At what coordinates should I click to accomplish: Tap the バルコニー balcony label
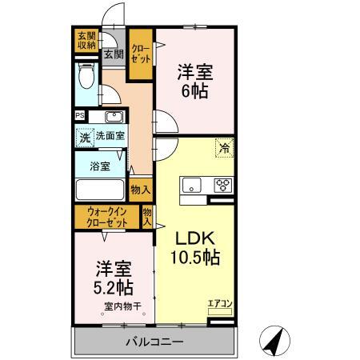pyautogui.click(x=154, y=342)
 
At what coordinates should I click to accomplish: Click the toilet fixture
pyautogui.click(x=87, y=78)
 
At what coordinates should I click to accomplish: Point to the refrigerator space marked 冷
pyautogui.click(x=225, y=146)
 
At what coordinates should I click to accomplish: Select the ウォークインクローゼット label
pyautogui.click(x=108, y=217)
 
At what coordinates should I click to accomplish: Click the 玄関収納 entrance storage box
pyautogui.click(x=86, y=41)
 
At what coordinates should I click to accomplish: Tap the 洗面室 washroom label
pyautogui.click(x=110, y=137)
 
